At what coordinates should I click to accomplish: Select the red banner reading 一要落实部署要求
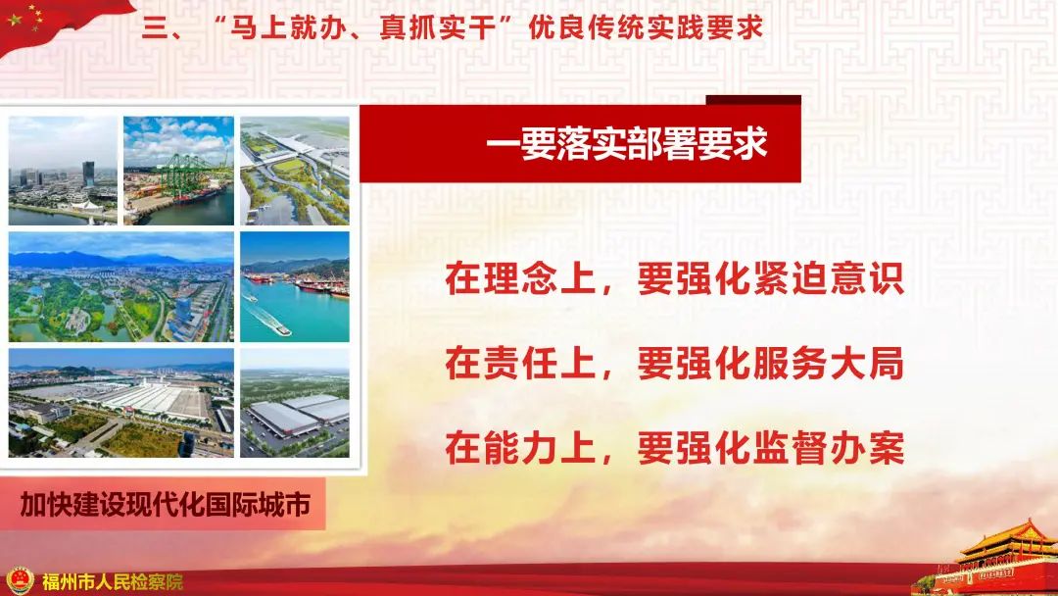coord(627,145)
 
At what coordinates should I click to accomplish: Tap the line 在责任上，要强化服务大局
coord(673,365)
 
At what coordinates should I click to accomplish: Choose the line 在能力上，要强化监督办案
coord(673,449)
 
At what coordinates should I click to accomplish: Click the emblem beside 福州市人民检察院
coord(18,580)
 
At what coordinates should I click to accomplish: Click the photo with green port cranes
coord(178,171)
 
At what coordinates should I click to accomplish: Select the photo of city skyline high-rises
coord(63,171)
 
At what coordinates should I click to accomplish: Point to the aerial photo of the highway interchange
coord(295,171)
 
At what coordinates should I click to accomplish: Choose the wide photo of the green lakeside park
coord(120,286)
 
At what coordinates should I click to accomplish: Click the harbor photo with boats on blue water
coord(295,286)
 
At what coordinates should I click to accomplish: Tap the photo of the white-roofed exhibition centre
coord(120,402)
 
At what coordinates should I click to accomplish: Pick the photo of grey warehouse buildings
coord(295,402)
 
